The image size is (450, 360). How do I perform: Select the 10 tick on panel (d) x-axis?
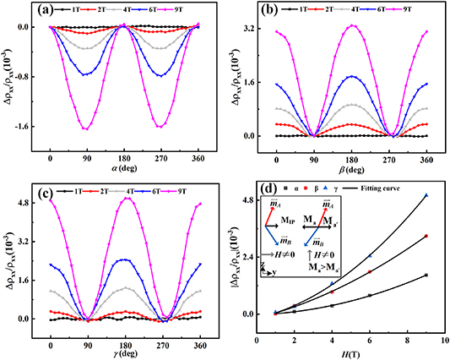coord(444,338)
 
